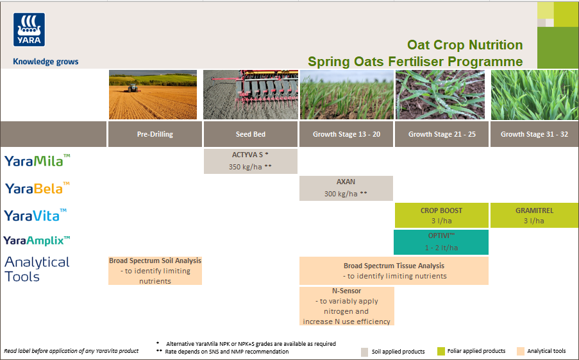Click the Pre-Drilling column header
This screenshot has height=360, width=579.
click(155, 135)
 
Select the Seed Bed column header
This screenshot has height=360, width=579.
click(250, 135)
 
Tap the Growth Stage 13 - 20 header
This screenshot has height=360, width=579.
click(346, 135)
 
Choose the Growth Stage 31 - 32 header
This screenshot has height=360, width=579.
click(534, 135)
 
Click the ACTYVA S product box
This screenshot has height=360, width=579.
click(250, 161)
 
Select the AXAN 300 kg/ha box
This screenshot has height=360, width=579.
click(346, 188)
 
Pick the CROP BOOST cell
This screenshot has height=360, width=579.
click(441, 215)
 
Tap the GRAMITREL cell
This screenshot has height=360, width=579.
click(534, 215)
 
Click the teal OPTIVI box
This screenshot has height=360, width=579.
click(441, 242)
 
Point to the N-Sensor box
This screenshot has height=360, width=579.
click(346, 306)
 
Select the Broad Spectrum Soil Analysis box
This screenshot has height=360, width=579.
click(155, 271)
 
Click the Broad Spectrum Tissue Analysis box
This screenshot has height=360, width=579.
click(394, 271)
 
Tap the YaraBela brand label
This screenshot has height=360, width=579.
click(37, 188)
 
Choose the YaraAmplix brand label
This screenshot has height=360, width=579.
click(37, 241)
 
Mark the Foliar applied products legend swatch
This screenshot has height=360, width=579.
click(441, 352)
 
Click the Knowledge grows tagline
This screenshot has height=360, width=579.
click(46, 62)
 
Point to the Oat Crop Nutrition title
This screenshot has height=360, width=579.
click(465, 45)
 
